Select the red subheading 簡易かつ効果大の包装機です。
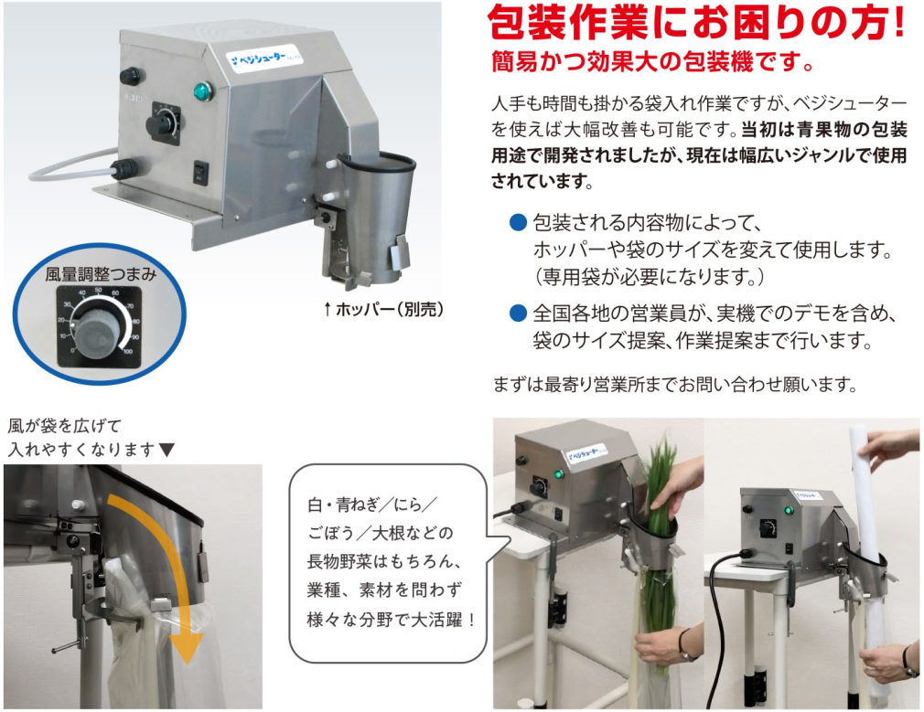[651, 65]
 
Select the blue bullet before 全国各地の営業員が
[518, 314]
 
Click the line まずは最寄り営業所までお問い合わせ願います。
[675, 383]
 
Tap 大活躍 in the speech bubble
[432, 620]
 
